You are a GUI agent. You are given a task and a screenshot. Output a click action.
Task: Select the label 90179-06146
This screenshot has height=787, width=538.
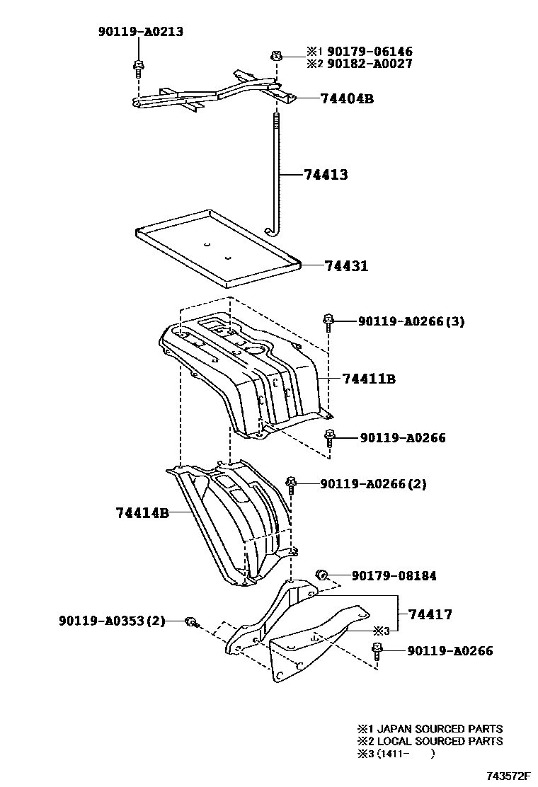point(370,52)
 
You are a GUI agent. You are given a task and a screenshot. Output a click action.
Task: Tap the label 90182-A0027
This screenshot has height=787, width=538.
point(370,64)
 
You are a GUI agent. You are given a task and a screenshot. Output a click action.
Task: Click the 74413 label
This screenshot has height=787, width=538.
point(326,174)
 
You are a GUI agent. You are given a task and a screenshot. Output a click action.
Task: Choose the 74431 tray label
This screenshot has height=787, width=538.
point(346,266)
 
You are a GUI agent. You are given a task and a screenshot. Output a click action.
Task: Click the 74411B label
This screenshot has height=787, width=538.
point(368,379)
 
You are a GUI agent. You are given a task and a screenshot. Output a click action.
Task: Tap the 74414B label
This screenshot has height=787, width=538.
point(142,512)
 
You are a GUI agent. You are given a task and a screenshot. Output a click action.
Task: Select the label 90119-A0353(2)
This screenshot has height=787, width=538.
point(112,621)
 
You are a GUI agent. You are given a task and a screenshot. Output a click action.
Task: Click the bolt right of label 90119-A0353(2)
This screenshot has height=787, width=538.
point(190,622)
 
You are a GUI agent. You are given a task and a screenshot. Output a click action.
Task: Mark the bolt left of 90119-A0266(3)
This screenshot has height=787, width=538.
point(328,322)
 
